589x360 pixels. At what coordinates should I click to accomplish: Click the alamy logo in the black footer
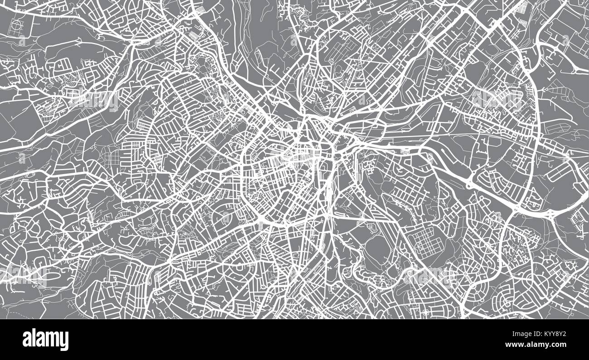(46, 340)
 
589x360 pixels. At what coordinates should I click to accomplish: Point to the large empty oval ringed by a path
(377, 249)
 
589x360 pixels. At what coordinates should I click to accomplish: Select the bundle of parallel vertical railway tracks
(328, 190)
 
